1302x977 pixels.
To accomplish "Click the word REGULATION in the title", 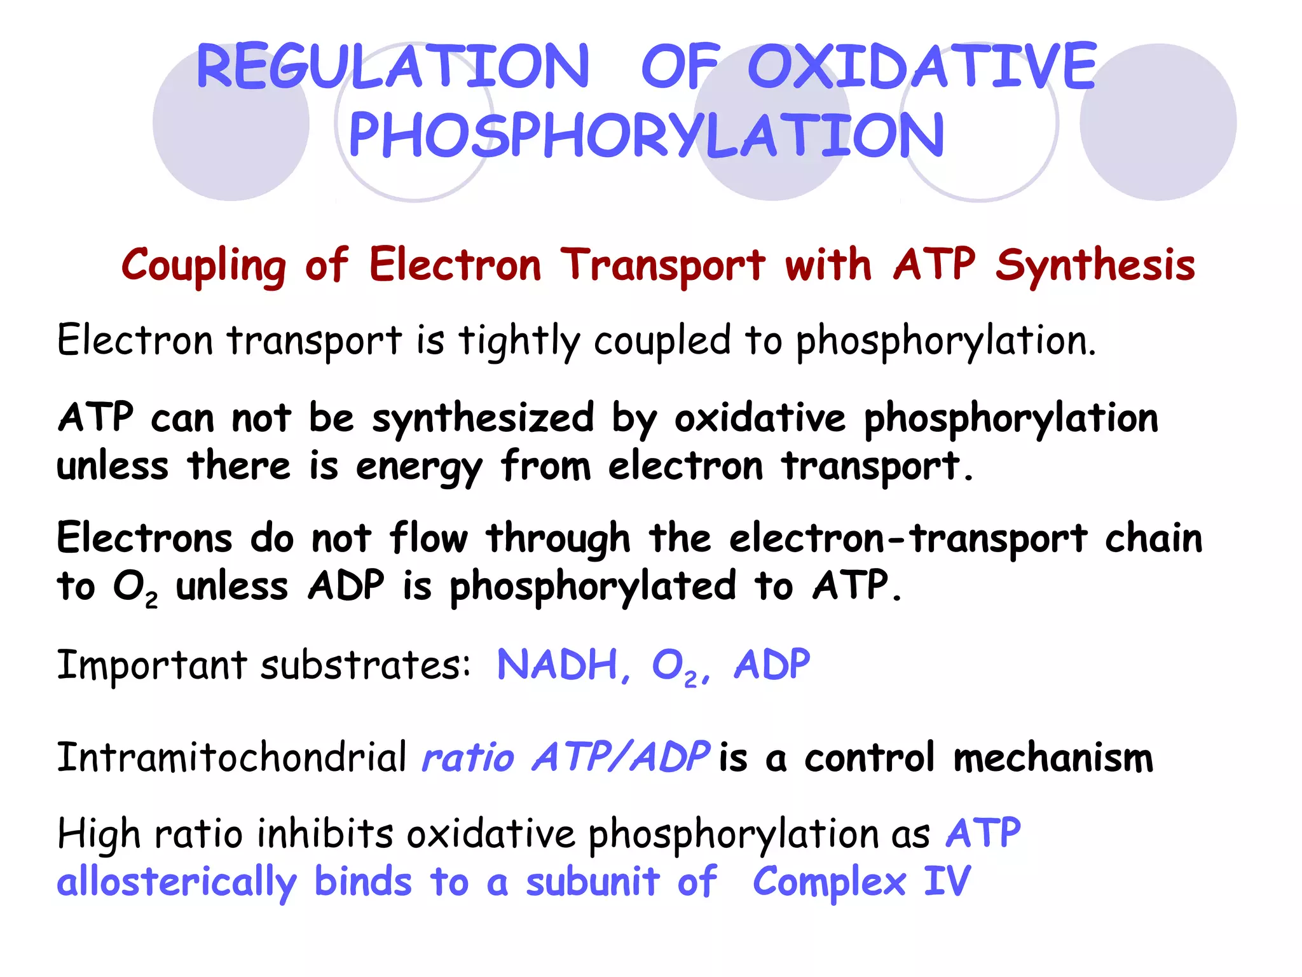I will coord(393,66).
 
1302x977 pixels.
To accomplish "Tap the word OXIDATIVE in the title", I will coord(922,66).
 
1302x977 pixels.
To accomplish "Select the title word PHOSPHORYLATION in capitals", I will coord(647,135).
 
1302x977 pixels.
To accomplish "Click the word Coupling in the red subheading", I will coord(203,266).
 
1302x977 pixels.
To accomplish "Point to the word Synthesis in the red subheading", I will coord(1095,266).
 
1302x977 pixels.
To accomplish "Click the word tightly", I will coord(519,342).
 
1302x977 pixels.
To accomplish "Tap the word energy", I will coord(419,468).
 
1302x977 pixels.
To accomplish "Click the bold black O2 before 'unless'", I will coord(135,587).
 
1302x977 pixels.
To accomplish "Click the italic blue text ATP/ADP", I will coord(620,758).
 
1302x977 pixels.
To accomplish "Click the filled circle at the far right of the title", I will coord(1158,122).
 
